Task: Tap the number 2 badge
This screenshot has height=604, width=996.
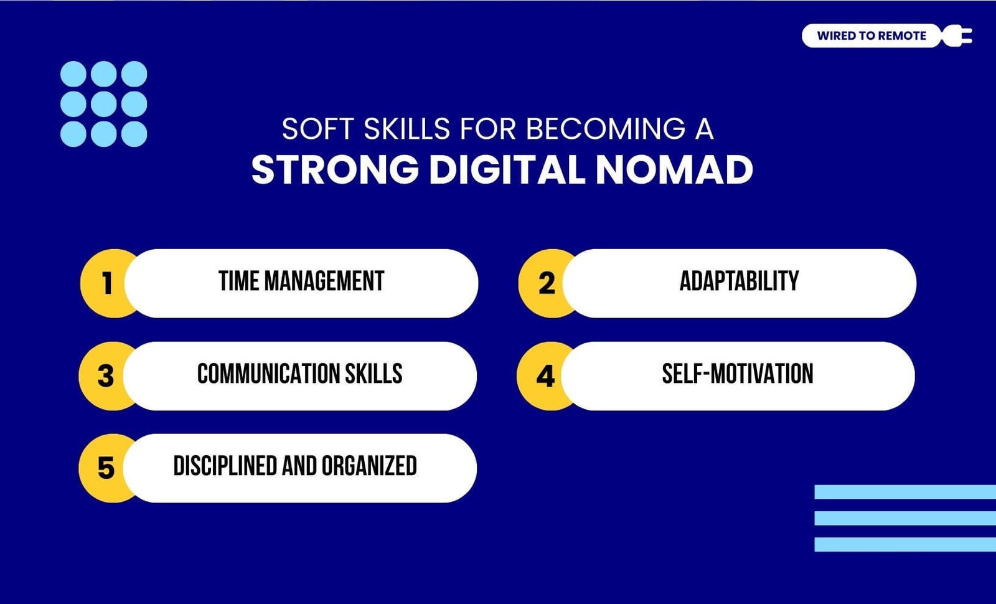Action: [546, 283]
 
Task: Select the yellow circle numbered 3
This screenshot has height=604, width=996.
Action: [106, 376]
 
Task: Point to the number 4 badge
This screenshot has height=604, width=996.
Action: [545, 376]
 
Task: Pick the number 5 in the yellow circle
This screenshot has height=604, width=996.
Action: [106, 468]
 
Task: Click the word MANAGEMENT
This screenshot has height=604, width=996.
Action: [324, 281]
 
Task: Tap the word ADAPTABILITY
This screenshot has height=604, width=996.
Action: [739, 281]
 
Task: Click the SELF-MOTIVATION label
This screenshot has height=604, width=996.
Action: [738, 374]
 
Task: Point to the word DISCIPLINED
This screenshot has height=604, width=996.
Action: [225, 466]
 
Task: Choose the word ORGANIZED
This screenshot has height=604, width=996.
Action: [369, 466]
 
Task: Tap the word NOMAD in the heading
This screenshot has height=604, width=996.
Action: [674, 170]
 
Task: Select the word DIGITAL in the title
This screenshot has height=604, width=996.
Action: [507, 170]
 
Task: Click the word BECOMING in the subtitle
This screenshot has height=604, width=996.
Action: [606, 129]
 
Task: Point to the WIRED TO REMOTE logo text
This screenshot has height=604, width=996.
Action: [872, 35]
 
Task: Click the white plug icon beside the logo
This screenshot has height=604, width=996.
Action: [958, 35]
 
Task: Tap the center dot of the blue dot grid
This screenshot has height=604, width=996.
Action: [103, 104]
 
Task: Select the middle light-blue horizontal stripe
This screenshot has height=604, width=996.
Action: [905, 518]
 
